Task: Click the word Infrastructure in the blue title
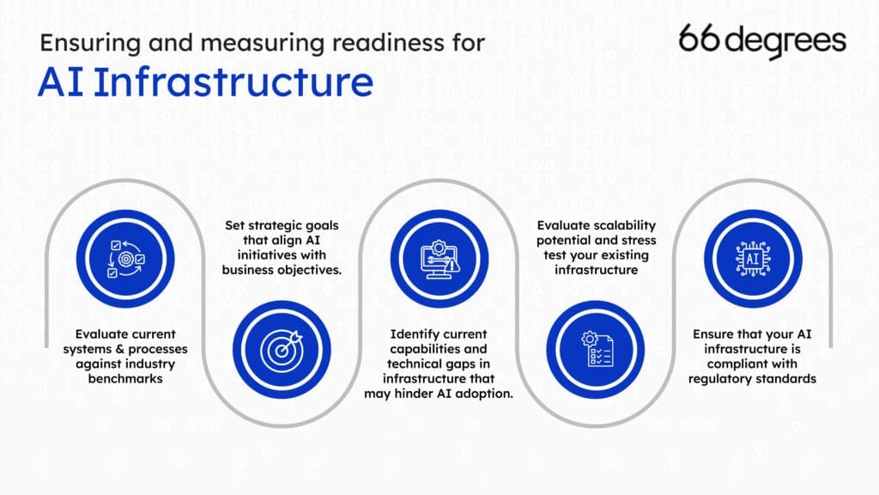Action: pyautogui.click(x=233, y=82)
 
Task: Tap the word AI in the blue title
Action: pyautogui.click(x=60, y=82)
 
